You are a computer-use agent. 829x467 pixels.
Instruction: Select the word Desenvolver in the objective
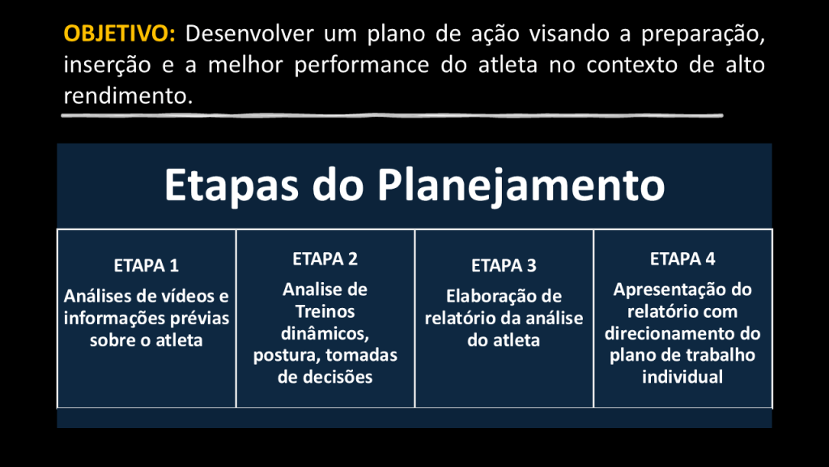[249, 34]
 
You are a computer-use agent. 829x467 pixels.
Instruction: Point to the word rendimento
[128, 96]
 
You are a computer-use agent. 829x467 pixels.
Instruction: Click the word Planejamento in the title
[521, 186]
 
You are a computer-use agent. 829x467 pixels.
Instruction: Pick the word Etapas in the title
[232, 186]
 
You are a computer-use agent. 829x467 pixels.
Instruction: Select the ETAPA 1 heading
[147, 265]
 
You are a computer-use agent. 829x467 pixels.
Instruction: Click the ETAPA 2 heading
[325, 259]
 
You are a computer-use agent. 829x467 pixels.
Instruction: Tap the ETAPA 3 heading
[504, 265]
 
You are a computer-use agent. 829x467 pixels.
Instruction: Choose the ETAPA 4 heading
[682, 259]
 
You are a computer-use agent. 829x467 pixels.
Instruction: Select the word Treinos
[325, 311]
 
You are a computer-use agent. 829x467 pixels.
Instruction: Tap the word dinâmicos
[325, 333]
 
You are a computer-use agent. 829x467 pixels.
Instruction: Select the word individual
[682, 377]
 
